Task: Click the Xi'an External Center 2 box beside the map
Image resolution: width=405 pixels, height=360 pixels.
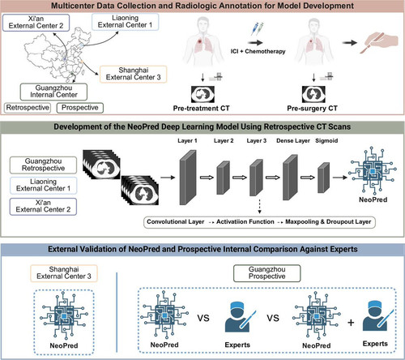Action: tap(36, 23)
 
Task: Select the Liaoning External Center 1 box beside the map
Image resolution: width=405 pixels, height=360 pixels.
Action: tap(125, 22)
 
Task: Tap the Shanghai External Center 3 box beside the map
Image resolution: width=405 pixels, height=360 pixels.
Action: tap(134, 74)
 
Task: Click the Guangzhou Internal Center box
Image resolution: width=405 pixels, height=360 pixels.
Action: tap(53, 92)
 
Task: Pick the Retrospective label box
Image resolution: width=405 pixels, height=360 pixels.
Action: tap(28, 108)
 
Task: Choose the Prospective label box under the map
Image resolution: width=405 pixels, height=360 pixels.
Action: tap(80, 108)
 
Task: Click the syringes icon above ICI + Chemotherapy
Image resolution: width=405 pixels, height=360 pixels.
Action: tap(257, 29)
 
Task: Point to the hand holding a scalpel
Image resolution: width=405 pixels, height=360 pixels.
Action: tap(381, 42)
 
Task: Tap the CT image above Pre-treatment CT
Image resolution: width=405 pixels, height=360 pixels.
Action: tap(202, 94)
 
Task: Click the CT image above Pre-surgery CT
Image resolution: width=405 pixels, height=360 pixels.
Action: tap(313, 94)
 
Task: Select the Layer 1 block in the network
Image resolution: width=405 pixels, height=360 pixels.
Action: tap(188, 178)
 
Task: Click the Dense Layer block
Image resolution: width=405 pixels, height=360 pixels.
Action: tap(290, 178)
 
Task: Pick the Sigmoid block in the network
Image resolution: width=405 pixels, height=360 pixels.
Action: tap(323, 178)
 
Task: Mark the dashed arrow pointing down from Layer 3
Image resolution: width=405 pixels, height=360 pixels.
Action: tap(259, 207)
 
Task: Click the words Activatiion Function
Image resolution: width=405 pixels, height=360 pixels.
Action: tap(245, 222)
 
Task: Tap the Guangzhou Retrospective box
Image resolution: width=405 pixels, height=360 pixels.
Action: tap(43, 165)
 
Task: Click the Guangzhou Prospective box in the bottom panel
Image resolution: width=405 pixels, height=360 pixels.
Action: tap(266, 273)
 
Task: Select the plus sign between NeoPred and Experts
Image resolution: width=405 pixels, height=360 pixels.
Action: tap(351, 323)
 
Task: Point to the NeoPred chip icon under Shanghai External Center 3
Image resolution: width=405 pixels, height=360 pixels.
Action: tap(64, 315)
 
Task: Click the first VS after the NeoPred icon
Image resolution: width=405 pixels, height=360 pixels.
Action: tap(203, 318)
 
